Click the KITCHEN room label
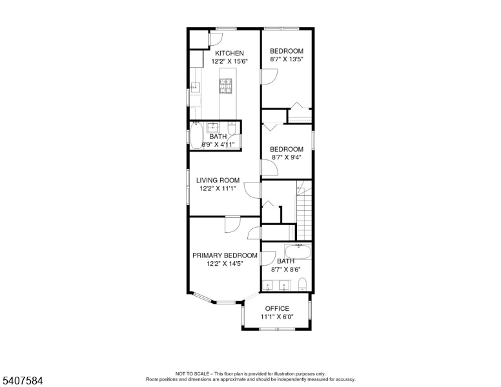click(x=229, y=54)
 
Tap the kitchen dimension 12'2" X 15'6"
click(x=229, y=62)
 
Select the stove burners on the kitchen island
click(x=225, y=86)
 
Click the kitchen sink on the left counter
click(x=195, y=87)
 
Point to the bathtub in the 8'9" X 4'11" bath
click(x=196, y=135)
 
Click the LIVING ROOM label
click(x=218, y=181)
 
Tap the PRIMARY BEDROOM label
click(x=225, y=255)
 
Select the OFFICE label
click(x=277, y=308)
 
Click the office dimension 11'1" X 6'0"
click(x=277, y=317)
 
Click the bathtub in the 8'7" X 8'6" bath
click(x=298, y=252)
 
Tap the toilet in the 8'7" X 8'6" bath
click(x=302, y=284)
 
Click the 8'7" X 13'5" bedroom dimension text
click(x=286, y=59)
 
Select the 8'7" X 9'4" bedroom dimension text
click(x=286, y=157)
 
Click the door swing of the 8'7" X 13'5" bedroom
click(x=269, y=77)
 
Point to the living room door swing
click(x=252, y=190)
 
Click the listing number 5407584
click(x=23, y=381)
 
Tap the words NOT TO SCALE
click(x=192, y=373)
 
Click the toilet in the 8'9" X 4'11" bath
click(x=232, y=128)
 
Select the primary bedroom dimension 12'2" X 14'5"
click(x=225, y=264)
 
